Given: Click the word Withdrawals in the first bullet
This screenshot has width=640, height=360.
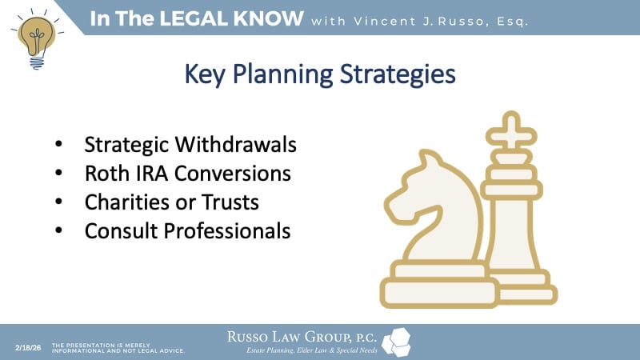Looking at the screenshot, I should (239, 146).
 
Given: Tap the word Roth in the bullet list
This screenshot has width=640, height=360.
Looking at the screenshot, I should (106, 174).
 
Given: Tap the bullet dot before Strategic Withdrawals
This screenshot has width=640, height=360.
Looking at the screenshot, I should (60, 146).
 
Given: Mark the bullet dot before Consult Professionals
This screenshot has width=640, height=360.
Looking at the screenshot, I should (60, 232).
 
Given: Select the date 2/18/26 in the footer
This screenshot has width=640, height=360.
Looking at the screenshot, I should (29, 346).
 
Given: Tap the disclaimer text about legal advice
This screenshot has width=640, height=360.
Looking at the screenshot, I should (118, 347).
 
